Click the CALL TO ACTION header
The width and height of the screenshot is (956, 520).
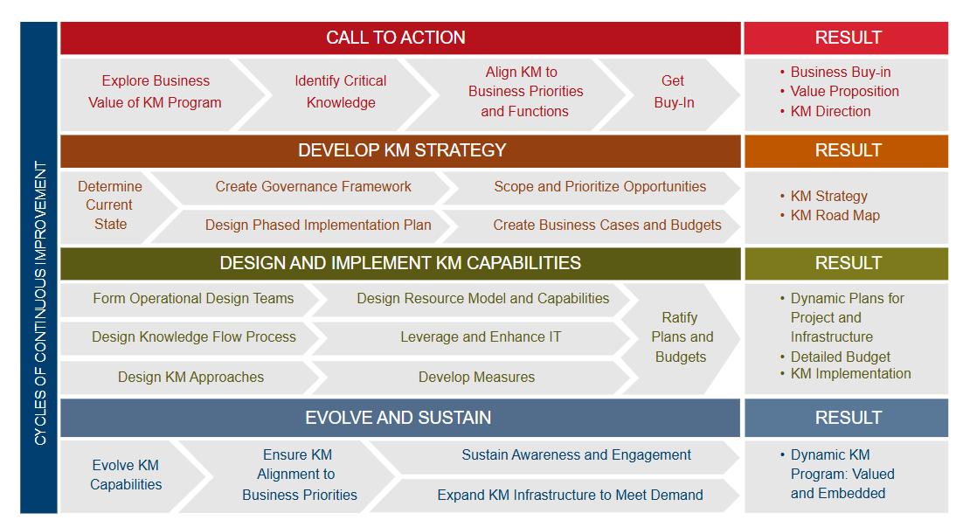396,38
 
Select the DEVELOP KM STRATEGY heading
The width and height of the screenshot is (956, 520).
402,150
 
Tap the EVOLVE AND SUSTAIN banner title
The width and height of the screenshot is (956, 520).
398,418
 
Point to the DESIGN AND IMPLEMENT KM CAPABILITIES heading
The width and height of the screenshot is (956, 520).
400,263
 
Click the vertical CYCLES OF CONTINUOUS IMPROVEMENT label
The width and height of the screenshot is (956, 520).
40,303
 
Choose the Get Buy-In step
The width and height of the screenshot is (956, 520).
674,92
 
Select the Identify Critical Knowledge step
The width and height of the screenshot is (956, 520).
340,92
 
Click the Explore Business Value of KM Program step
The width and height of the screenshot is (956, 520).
155,92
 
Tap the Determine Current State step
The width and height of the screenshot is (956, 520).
110,205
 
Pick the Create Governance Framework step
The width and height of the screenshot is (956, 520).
313,186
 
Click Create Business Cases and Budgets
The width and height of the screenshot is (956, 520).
606,225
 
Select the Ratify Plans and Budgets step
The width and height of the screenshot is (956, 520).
681,337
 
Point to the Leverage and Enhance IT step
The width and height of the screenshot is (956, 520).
481,337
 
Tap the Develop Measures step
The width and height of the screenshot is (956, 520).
476,378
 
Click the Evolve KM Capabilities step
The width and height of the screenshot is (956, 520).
126,475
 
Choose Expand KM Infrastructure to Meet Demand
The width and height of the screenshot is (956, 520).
570,495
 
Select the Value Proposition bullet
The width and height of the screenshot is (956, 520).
840,92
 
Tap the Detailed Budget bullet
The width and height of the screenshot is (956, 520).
835,357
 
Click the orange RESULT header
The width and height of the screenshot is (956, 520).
849,150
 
